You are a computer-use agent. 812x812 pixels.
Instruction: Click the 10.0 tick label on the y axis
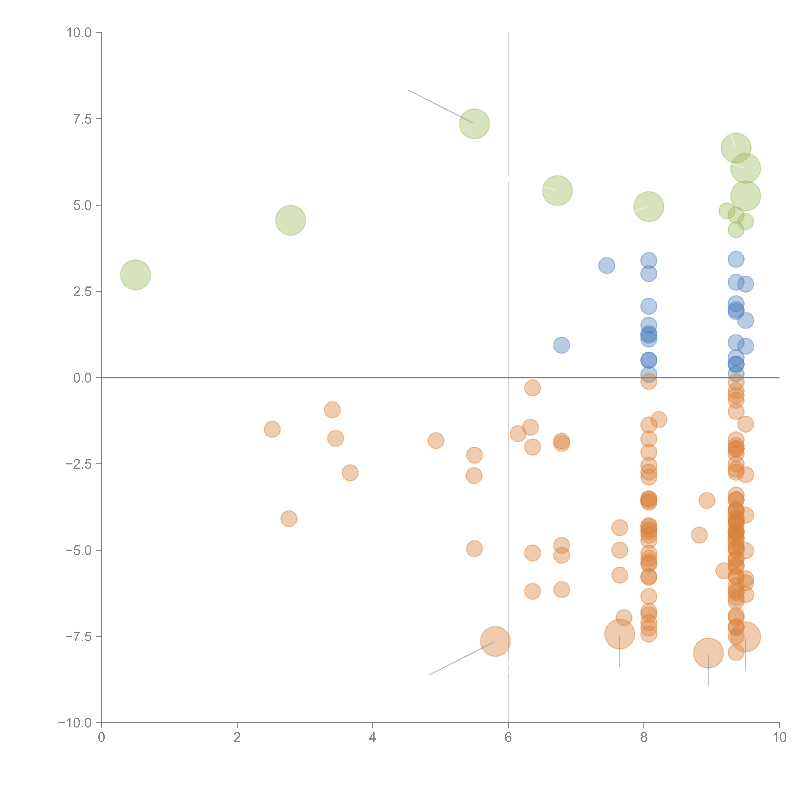(x=79, y=33)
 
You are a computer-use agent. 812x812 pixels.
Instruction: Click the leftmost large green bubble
(x=135, y=275)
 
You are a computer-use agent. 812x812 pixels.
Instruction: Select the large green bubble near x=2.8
(x=290, y=220)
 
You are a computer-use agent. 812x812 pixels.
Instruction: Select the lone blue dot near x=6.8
(x=562, y=345)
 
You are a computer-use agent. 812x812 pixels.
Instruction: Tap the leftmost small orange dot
(x=272, y=429)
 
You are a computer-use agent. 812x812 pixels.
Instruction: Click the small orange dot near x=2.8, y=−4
(x=289, y=519)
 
